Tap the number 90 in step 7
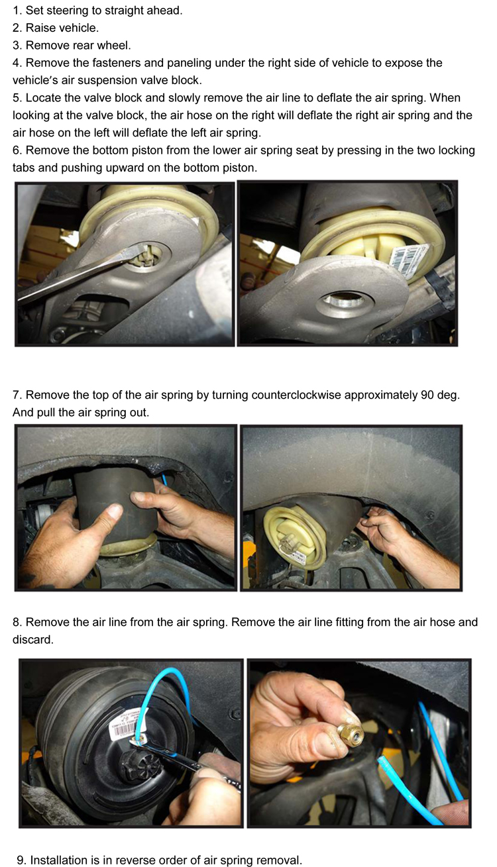click(x=427, y=395)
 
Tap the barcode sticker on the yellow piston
click(x=408, y=258)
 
